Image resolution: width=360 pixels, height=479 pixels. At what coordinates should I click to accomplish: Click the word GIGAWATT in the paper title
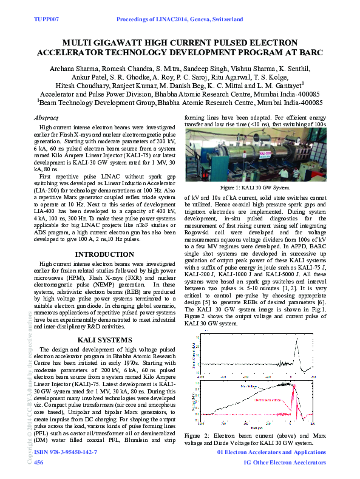(x=114, y=43)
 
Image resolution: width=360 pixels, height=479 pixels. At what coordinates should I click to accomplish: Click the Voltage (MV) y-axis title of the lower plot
(x=194, y=401)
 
